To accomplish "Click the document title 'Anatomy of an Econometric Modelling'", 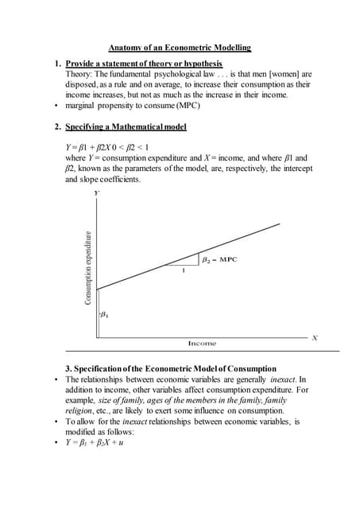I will click(x=179, y=48).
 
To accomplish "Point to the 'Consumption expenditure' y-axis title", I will click(x=89, y=267).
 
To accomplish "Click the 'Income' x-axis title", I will click(x=202, y=343).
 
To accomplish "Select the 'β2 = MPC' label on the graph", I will click(x=219, y=259).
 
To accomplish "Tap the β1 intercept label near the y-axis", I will click(x=105, y=316).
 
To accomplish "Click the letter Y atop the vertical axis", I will click(x=96, y=193).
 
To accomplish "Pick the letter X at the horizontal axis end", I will click(x=315, y=338).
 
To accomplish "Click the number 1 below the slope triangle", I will click(x=184, y=270).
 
